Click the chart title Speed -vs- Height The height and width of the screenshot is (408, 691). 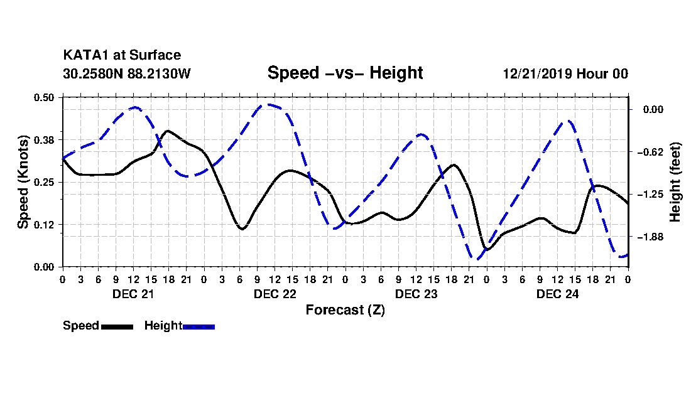(345, 73)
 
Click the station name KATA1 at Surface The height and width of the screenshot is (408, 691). (122, 55)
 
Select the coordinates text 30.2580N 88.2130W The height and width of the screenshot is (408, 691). (127, 73)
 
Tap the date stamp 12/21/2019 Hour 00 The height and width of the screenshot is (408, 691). (565, 73)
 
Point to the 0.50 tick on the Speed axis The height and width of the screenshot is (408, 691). (43, 97)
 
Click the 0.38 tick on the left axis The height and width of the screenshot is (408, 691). (43, 140)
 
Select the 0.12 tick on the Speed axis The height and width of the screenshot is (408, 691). (43, 225)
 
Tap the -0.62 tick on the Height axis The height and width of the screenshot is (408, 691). (650, 153)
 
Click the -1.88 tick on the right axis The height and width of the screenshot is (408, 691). (650, 237)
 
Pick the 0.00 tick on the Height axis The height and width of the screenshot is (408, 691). (653, 110)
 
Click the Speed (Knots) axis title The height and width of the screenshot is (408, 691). (23, 182)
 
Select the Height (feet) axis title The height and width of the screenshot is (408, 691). (675, 182)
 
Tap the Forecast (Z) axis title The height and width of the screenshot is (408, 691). (345, 310)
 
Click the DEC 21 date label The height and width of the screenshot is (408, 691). (133, 294)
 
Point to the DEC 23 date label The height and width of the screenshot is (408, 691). (416, 294)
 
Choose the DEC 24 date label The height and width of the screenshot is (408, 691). (557, 294)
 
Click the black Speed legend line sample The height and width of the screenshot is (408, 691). (117, 326)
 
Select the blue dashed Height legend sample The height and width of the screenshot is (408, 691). (199, 326)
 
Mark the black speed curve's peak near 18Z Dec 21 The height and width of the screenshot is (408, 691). (168, 131)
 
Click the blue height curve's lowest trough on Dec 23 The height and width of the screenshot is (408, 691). (476, 259)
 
